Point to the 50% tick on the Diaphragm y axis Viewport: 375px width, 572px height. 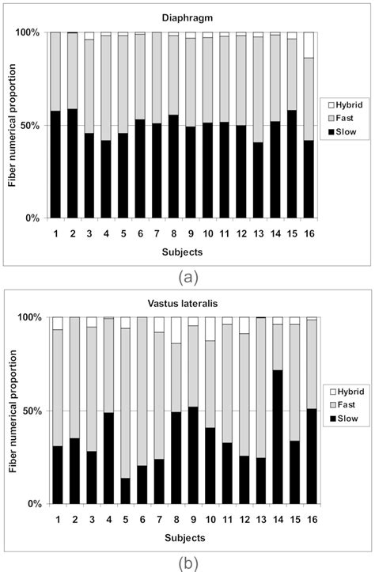click(28, 125)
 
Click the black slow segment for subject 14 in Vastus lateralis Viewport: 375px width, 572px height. click(277, 437)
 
